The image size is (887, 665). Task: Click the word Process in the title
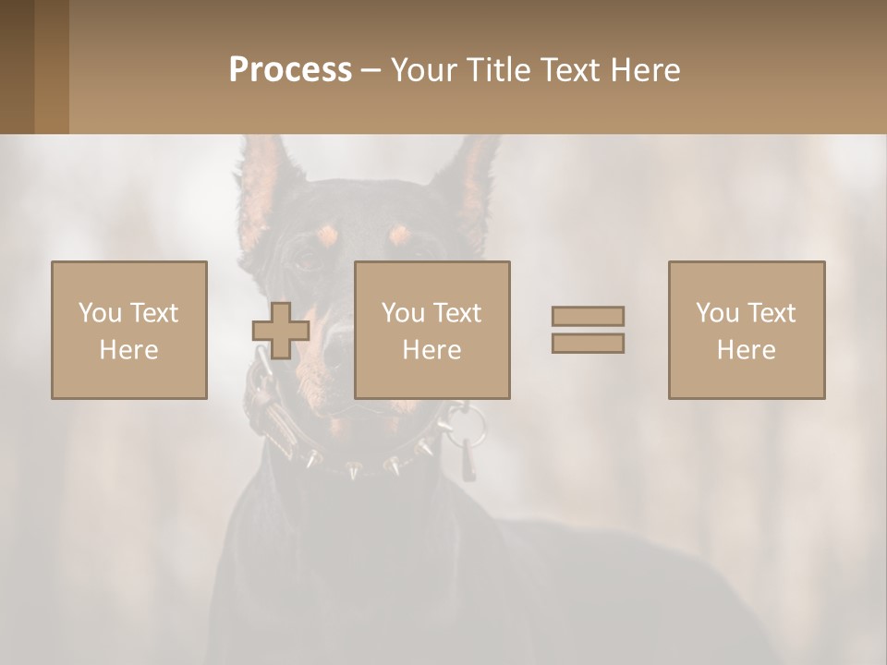[290, 70]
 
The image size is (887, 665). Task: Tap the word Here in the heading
[645, 70]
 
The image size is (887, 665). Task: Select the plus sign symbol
[281, 331]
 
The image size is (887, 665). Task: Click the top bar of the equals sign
[588, 316]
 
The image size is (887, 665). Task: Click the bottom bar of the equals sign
[588, 344]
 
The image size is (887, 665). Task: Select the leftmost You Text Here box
[129, 330]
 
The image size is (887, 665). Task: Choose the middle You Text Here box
[431, 330]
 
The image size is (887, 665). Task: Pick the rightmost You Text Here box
[747, 330]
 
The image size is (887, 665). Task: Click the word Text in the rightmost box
[771, 313]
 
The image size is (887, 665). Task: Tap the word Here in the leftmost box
[129, 350]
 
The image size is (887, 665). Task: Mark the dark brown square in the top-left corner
[17, 66]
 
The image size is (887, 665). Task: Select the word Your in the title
[424, 70]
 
